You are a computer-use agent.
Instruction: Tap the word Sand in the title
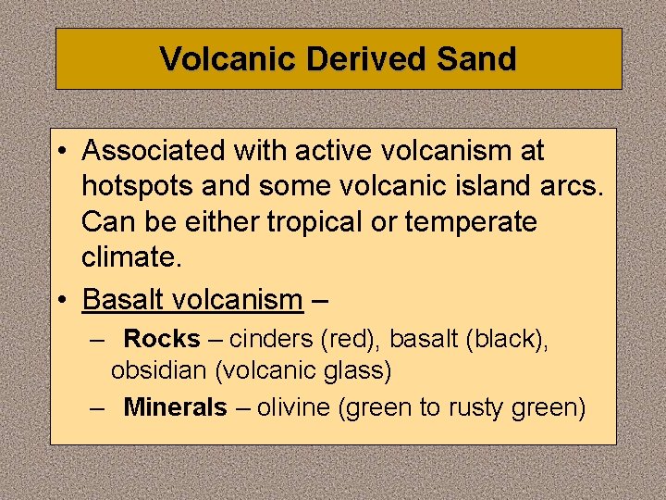[475, 59]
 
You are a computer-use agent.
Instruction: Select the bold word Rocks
[162, 339]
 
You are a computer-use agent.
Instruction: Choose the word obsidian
[158, 371]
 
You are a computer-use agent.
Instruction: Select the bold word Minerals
[175, 406]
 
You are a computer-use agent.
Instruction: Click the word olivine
[296, 406]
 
